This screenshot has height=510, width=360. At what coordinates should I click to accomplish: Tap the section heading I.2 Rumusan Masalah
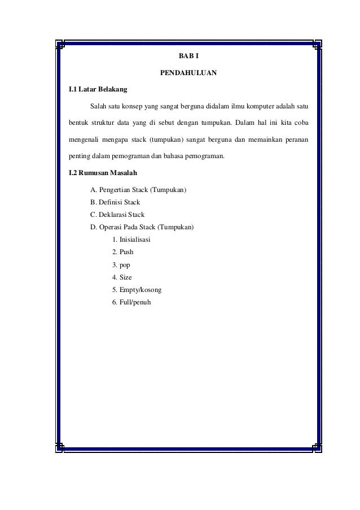(x=102, y=172)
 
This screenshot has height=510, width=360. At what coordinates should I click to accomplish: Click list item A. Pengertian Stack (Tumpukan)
(x=139, y=189)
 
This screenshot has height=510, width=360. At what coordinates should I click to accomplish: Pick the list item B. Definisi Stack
(x=115, y=202)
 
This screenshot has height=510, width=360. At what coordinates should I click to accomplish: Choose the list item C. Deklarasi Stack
(x=117, y=215)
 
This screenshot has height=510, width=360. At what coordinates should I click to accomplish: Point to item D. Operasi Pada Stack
(x=142, y=228)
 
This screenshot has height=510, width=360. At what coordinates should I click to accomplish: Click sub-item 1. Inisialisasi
(x=131, y=240)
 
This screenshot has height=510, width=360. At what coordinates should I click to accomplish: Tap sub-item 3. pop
(x=121, y=265)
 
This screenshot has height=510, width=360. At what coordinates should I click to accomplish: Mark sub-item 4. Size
(x=122, y=277)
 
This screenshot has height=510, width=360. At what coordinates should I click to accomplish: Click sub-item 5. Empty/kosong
(x=137, y=290)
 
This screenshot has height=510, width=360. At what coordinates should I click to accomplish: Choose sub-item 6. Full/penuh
(x=132, y=302)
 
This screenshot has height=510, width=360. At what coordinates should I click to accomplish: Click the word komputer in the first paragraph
(x=253, y=106)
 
